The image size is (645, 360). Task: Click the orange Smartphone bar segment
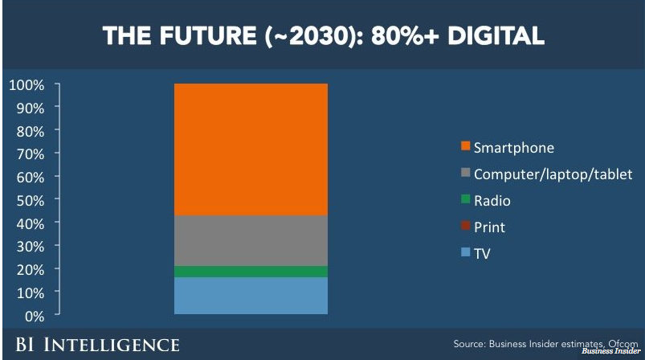(x=251, y=149)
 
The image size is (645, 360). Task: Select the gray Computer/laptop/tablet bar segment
(x=251, y=240)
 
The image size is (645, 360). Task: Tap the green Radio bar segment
(x=251, y=272)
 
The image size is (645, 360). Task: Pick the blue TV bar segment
(x=251, y=296)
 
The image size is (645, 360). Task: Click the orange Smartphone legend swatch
(x=465, y=148)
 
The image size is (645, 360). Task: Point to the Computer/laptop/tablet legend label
(x=553, y=174)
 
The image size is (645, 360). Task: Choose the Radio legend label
(x=492, y=201)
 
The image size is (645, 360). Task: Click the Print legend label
(x=489, y=227)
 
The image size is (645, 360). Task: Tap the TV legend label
(x=482, y=254)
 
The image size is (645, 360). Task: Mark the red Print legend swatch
(x=465, y=227)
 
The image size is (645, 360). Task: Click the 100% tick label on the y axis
(x=27, y=84)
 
